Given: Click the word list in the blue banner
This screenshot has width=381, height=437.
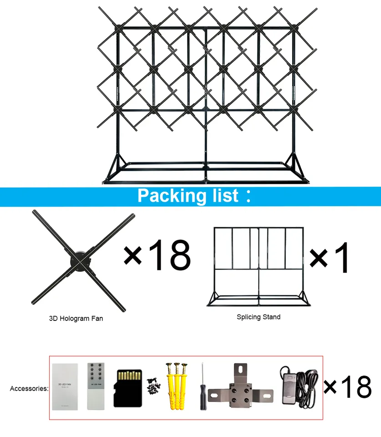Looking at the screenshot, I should point(223,196).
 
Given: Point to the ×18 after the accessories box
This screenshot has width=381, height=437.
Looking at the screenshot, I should point(348,387).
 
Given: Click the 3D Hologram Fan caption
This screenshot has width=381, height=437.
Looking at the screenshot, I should point(76,319).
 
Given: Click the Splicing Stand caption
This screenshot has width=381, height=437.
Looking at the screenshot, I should point(259,317).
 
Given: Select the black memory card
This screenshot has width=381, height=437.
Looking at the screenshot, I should point(128,387).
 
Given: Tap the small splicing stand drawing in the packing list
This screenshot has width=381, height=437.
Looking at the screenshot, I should point(259,266).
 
